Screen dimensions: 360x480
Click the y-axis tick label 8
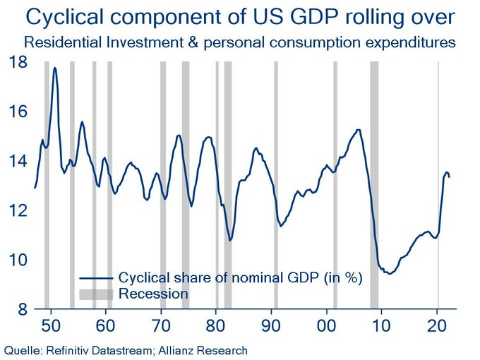point(20,309)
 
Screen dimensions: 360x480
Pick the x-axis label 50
point(51,327)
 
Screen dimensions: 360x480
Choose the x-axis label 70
point(162,327)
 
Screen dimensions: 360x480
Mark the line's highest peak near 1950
point(54,68)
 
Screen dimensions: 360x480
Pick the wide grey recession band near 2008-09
point(374,184)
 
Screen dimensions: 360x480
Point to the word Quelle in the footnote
point(22,349)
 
